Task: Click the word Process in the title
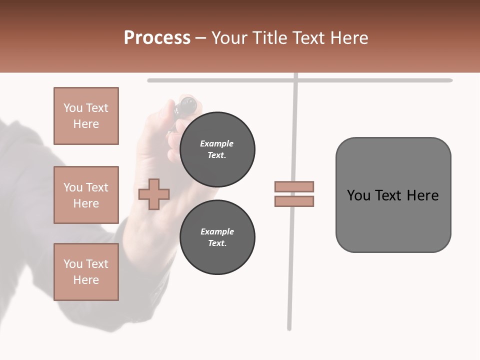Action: [157, 38]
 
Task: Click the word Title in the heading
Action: [268, 38]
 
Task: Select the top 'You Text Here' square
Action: [86, 116]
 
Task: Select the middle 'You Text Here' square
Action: [86, 195]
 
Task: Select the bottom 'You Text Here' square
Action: [86, 272]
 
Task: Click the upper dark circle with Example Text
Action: [217, 149]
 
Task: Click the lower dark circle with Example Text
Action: [217, 237]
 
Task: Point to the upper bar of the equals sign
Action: [294, 186]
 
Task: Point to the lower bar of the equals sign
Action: [294, 201]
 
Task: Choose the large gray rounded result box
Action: [393, 195]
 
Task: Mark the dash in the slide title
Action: [200, 38]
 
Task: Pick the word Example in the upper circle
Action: [217, 143]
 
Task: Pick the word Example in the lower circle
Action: [217, 231]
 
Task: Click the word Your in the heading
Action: [230, 38]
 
